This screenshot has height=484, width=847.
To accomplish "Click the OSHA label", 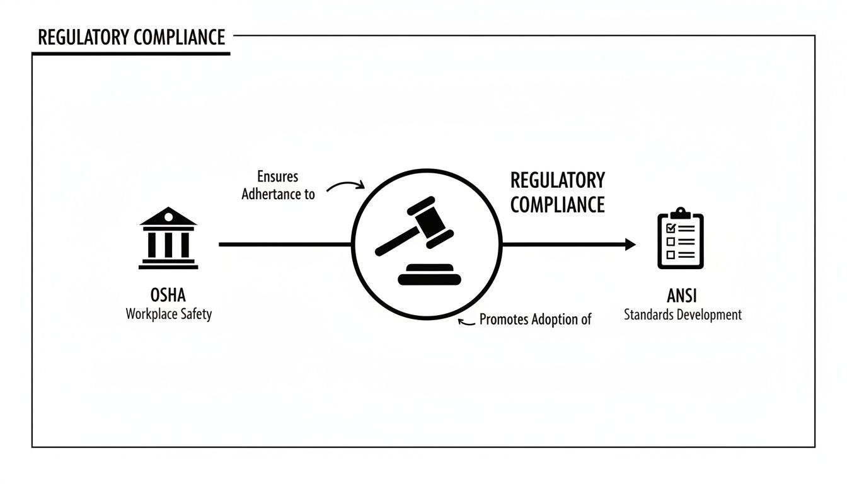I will pyautogui.click(x=168, y=295).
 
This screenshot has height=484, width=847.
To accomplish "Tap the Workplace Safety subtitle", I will pyautogui.click(x=168, y=313).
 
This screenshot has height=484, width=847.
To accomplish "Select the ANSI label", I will pyautogui.click(x=682, y=296).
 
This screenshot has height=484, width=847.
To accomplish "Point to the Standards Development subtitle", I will pyautogui.click(x=683, y=314).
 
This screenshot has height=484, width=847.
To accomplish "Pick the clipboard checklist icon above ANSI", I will pyautogui.click(x=681, y=239).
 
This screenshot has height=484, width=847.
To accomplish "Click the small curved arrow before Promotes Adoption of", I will pyautogui.click(x=466, y=321).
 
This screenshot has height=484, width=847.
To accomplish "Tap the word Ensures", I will pyautogui.click(x=277, y=177).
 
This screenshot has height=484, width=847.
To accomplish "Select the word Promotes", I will pyautogui.click(x=504, y=319).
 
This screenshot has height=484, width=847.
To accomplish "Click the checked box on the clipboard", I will pyautogui.click(x=671, y=228).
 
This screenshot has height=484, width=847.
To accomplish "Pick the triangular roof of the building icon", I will pyautogui.click(x=168, y=217).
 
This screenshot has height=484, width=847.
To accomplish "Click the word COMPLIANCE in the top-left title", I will pyautogui.click(x=178, y=37).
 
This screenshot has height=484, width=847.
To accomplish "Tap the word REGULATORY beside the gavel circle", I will pyautogui.click(x=557, y=180).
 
